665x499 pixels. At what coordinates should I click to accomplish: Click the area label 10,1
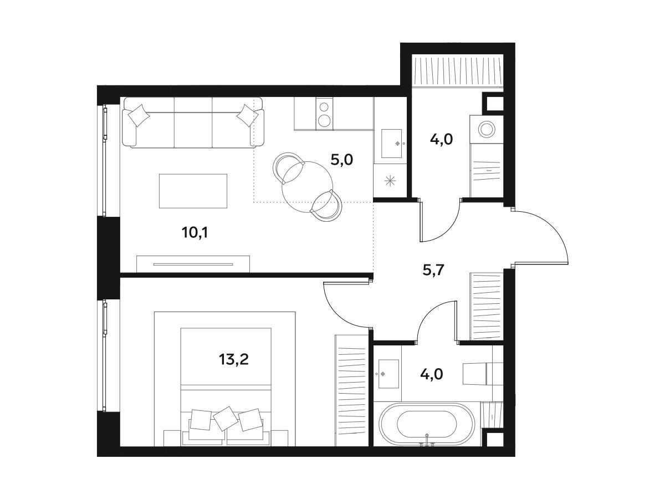tap(195, 233)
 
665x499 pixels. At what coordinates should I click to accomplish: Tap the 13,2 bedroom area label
tap(234, 359)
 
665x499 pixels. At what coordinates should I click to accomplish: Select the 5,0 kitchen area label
tap(342, 160)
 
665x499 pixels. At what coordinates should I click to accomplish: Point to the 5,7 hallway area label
tap(433, 269)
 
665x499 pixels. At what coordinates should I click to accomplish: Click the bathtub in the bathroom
tap(427, 424)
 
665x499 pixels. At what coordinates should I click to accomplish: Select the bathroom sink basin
tap(388, 374)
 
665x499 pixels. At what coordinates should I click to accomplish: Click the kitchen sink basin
tap(391, 144)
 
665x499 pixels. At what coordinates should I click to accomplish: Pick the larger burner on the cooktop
tap(324, 120)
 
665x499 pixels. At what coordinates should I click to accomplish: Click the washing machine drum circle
tap(487, 129)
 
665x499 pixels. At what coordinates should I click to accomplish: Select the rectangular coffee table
tap(193, 191)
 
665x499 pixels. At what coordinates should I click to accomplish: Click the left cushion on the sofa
tap(139, 115)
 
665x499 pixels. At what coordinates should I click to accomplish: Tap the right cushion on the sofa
tap(248, 115)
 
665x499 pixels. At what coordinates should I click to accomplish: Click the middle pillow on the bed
tap(226, 419)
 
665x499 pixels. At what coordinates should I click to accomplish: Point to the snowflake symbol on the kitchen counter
tap(390, 181)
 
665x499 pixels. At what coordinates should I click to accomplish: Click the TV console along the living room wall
tap(193, 264)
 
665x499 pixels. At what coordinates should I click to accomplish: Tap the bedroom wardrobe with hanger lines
tap(351, 390)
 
